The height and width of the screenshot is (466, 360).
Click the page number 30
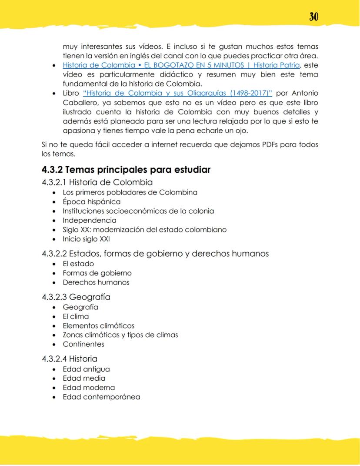pyautogui.click(x=313, y=17)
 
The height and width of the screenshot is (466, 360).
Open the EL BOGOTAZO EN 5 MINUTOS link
pyautogui.click(x=181, y=65)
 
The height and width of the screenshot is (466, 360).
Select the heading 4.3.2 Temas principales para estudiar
pyautogui.click(x=126, y=170)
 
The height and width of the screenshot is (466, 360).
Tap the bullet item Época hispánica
pyautogui.click(x=91, y=201)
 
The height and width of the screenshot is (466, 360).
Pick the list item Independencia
pyautogui.click(x=90, y=220)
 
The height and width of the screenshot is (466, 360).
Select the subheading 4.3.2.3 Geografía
pyautogui.click(x=76, y=297)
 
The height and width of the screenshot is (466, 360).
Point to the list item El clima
pyautogui.click(x=76, y=316)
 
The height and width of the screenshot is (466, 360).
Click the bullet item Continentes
pyautogui.click(x=83, y=344)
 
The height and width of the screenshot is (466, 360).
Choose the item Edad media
pyautogui.click(x=84, y=378)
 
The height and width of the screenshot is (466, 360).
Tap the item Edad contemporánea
pyautogui.click(x=101, y=397)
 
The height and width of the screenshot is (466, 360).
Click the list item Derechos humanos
pyautogui.click(x=96, y=282)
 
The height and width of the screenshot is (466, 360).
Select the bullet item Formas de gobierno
pyautogui.click(x=97, y=273)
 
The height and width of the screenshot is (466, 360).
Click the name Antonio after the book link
pyautogui.click(x=304, y=94)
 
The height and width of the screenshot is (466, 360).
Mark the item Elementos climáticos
pyautogui.click(x=98, y=325)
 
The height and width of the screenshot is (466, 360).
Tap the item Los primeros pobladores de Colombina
pyautogui.click(x=130, y=192)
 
